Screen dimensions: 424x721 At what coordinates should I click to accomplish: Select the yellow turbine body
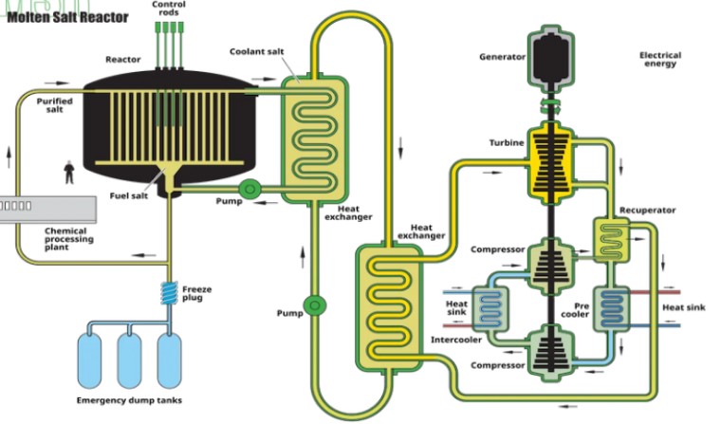pyautogui.click(x=549, y=160)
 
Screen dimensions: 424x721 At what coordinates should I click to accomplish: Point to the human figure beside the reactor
pyautogui.click(x=67, y=173)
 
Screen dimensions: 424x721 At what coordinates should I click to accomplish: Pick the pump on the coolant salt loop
pyautogui.click(x=314, y=305)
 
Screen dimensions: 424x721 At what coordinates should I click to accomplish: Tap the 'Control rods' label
pyautogui.click(x=169, y=9)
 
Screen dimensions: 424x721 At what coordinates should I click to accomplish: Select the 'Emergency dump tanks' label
pyautogui.click(x=129, y=399)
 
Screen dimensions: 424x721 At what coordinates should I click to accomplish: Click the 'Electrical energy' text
pyautogui.click(x=659, y=60)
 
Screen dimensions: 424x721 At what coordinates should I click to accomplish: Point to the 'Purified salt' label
pyautogui.click(x=54, y=104)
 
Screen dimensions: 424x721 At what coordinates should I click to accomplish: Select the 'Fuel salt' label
pyautogui.click(x=128, y=196)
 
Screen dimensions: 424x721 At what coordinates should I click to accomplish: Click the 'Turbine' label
pyautogui.click(x=507, y=142)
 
